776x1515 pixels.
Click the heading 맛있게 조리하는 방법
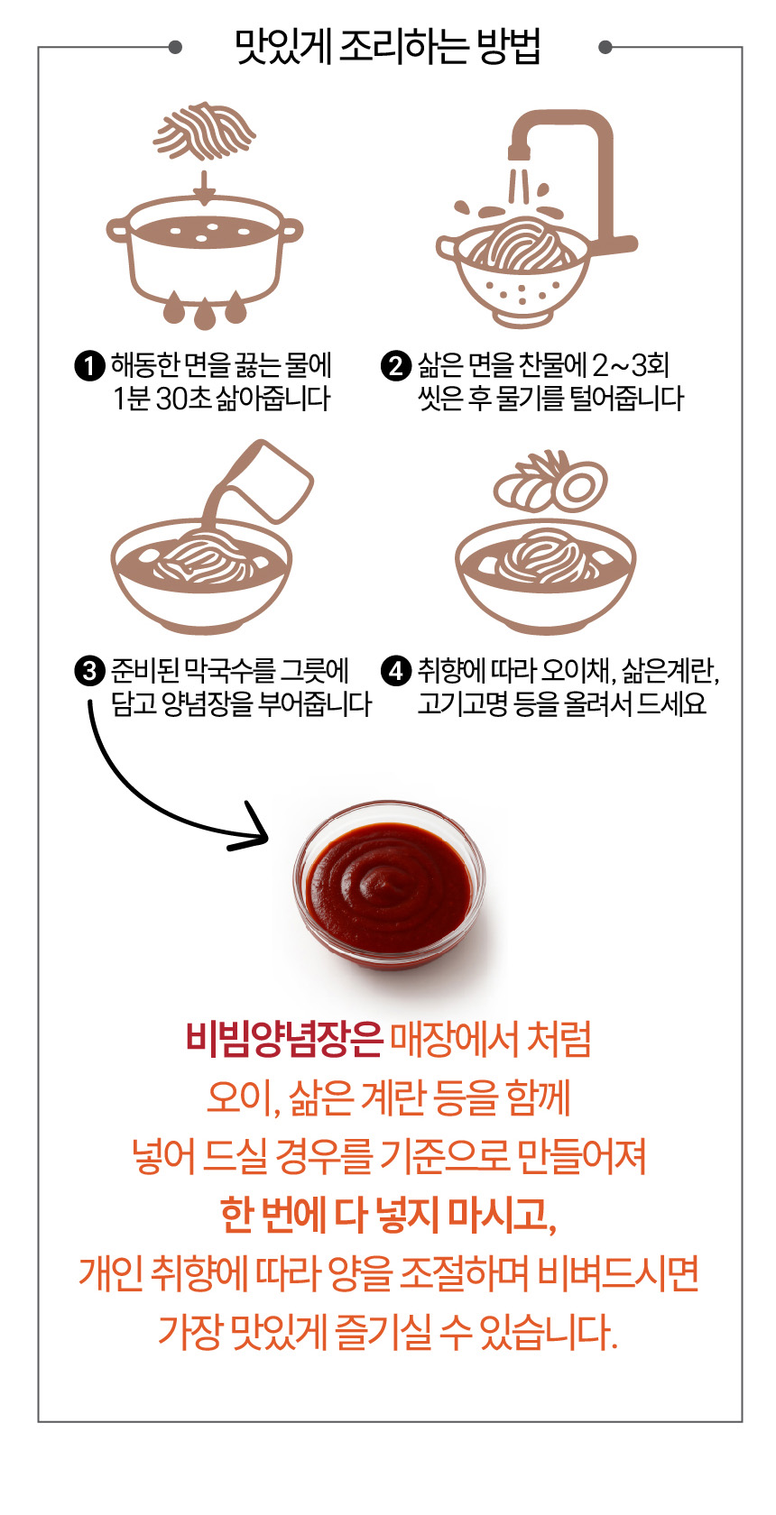[388, 47]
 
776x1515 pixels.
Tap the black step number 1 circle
[88, 366]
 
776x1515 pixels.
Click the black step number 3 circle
[88, 672]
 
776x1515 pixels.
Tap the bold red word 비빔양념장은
[284, 1039]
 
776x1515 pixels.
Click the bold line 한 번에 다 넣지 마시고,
[388, 1215]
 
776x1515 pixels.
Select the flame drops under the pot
[205, 309]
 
